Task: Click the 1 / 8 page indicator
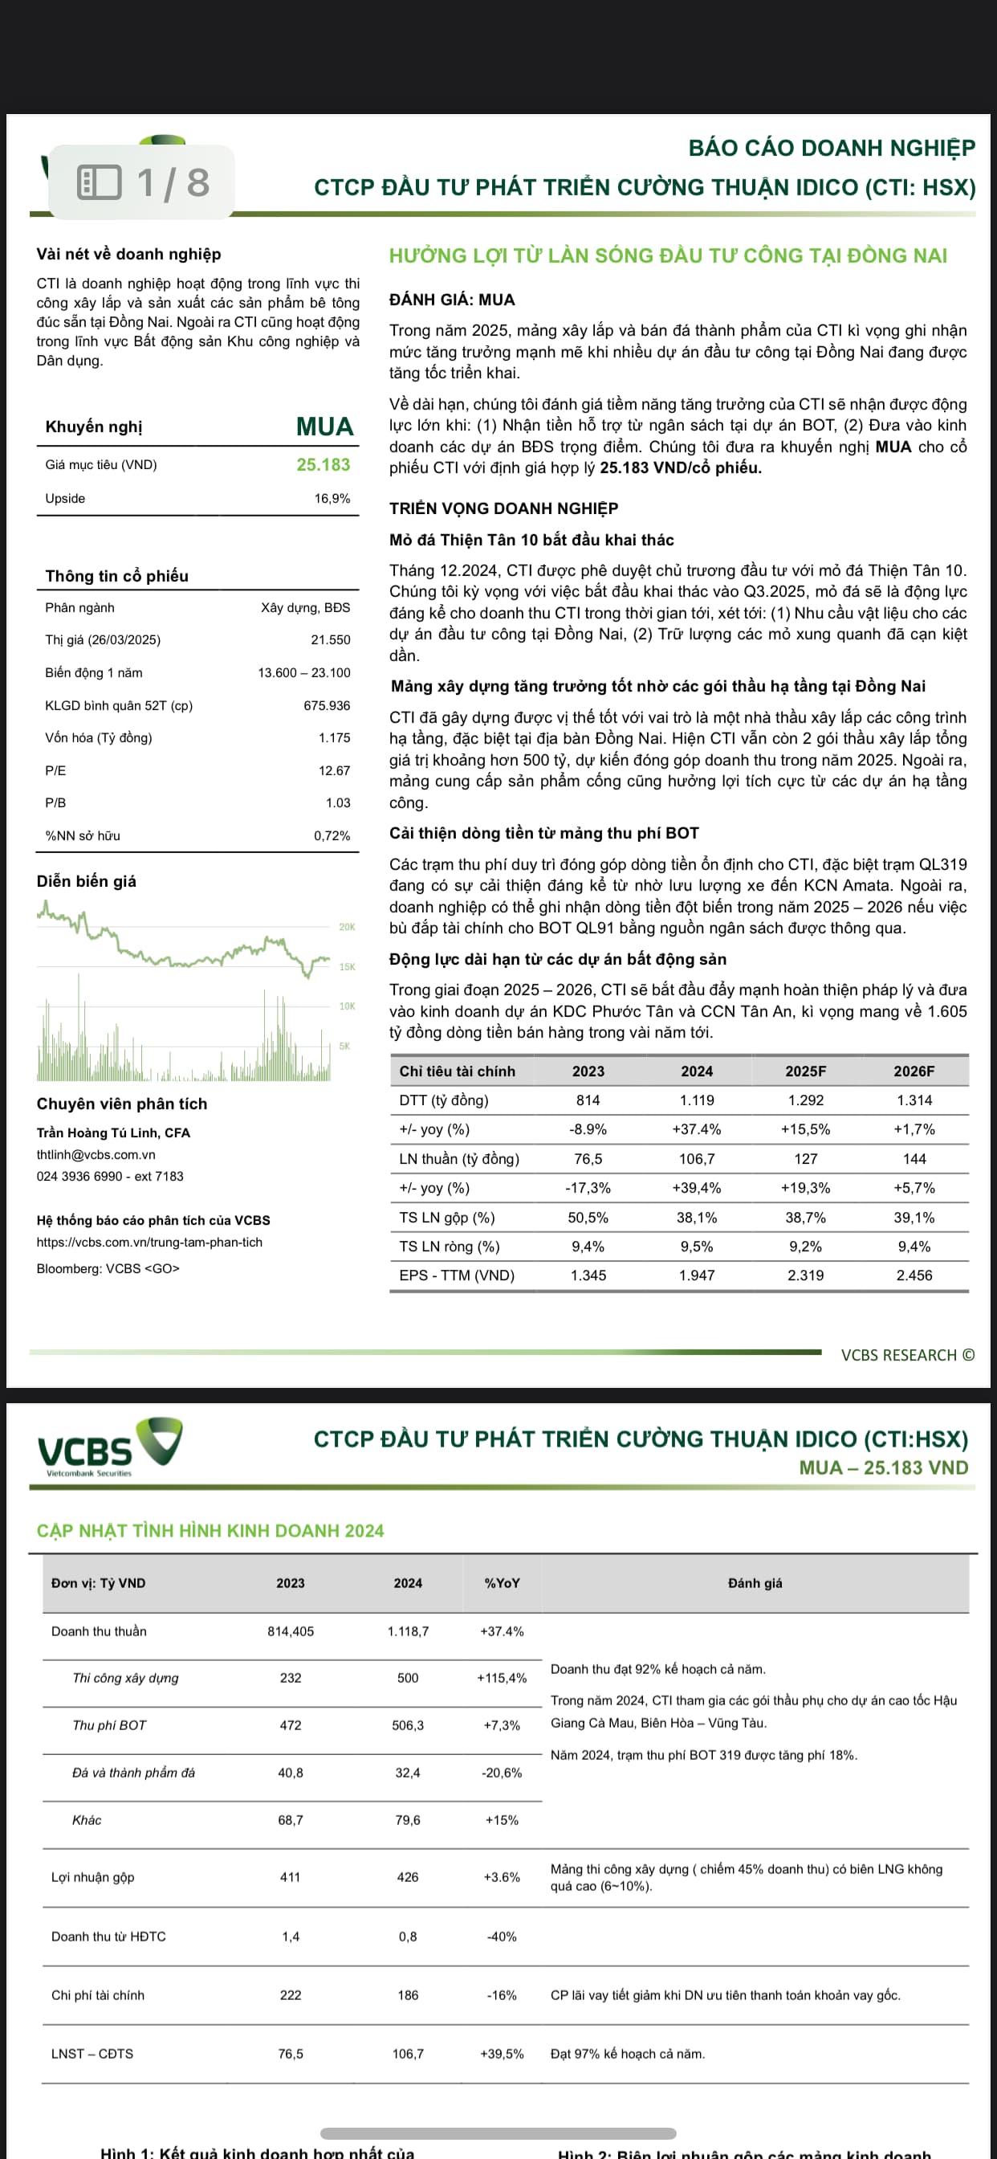(x=142, y=182)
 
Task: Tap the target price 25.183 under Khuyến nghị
(x=323, y=464)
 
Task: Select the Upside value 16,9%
(x=332, y=499)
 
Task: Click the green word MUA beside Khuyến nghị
(x=324, y=426)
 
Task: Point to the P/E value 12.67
(x=334, y=770)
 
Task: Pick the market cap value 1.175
(x=334, y=737)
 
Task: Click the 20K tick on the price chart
(x=347, y=927)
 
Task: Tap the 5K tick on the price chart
(x=344, y=1046)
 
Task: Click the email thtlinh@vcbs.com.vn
(x=96, y=1154)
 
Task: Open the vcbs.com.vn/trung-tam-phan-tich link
(x=149, y=1242)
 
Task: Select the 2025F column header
(x=805, y=1071)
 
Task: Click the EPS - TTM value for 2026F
(x=914, y=1275)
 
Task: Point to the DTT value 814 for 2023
(x=588, y=1100)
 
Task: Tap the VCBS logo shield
(x=160, y=1440)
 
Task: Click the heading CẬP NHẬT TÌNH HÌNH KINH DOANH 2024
(x=210, y=1530)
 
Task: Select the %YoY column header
(x=502, y=1582)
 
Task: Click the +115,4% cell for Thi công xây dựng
(x=502, y=1678)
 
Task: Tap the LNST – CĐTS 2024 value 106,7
(x=408, y=2054)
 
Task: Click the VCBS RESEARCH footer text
(x=907, y=1354)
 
